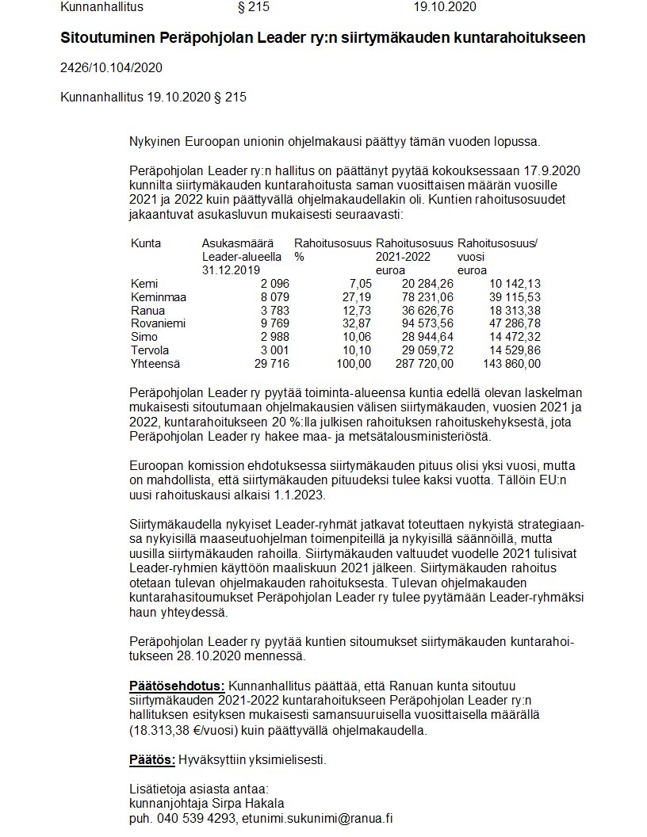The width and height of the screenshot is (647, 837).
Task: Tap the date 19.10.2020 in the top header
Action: (445, 8)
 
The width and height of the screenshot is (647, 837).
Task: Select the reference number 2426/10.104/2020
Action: (111, 67)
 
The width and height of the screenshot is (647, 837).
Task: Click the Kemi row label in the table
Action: (144, 284)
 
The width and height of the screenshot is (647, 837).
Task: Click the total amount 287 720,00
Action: (424, 364)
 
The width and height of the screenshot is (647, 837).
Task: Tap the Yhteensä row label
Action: (156, 364)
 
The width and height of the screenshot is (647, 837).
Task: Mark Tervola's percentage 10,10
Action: (355, 350)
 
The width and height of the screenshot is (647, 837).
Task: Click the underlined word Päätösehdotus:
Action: (177, 686)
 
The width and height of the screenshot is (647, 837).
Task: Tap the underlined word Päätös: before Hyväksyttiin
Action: (152, 760)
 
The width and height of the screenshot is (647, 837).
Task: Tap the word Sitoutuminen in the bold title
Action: (108, 38)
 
